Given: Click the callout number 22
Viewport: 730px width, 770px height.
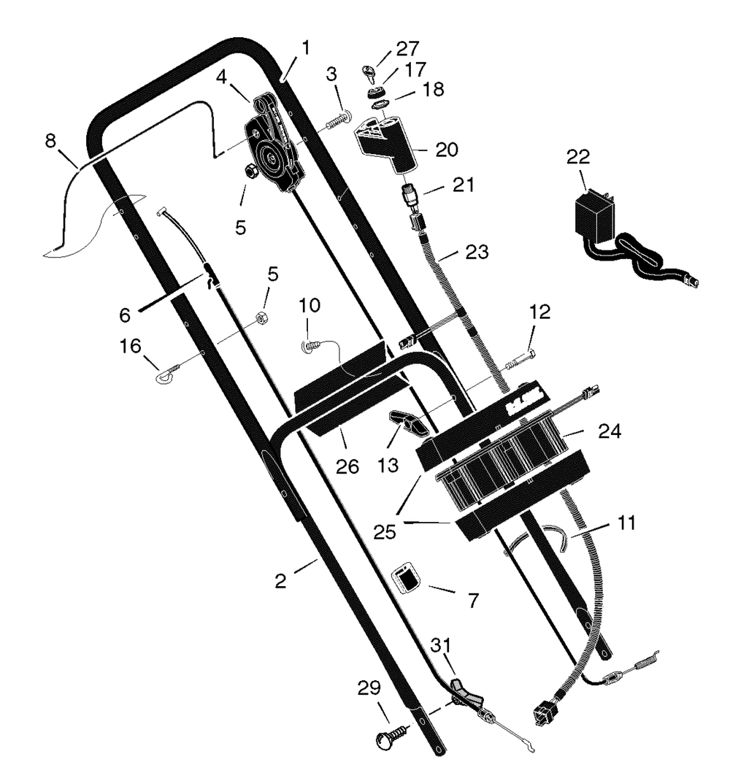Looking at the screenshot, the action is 577,157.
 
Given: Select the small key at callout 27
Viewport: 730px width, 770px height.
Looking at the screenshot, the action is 369,74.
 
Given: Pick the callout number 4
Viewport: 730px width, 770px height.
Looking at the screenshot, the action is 221,77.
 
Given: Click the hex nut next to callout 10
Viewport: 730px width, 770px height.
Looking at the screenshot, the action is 262,317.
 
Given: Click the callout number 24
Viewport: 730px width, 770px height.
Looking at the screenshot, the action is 609,431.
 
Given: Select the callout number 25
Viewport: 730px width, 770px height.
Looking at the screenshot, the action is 384,531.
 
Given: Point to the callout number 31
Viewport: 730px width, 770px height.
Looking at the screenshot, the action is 440,645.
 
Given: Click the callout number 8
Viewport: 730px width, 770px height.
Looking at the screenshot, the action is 50,141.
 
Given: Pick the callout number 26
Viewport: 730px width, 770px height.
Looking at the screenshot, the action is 347,466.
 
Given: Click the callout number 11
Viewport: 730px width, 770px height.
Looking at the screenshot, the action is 626,523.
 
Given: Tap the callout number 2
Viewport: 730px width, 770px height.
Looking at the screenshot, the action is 280,581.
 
